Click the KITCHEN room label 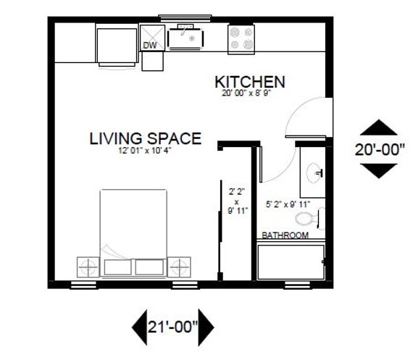[x=249, y=81]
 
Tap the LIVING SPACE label [x=145, y=138]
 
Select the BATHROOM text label [x=285, y=236]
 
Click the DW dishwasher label [x=150, y=46]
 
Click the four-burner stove [x=241, y=38]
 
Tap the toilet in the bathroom [x=312, y=217]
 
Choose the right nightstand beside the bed [x=181, y=266]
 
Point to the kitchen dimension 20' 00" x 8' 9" [x=248, y=93]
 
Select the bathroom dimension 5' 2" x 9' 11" [x=290, y=204]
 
